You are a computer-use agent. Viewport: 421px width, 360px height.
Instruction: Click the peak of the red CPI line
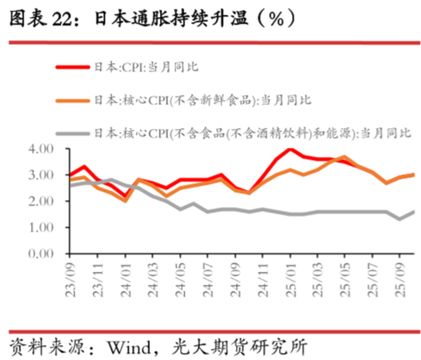point(291,149)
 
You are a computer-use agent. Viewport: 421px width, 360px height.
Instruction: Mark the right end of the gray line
point(413,211)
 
